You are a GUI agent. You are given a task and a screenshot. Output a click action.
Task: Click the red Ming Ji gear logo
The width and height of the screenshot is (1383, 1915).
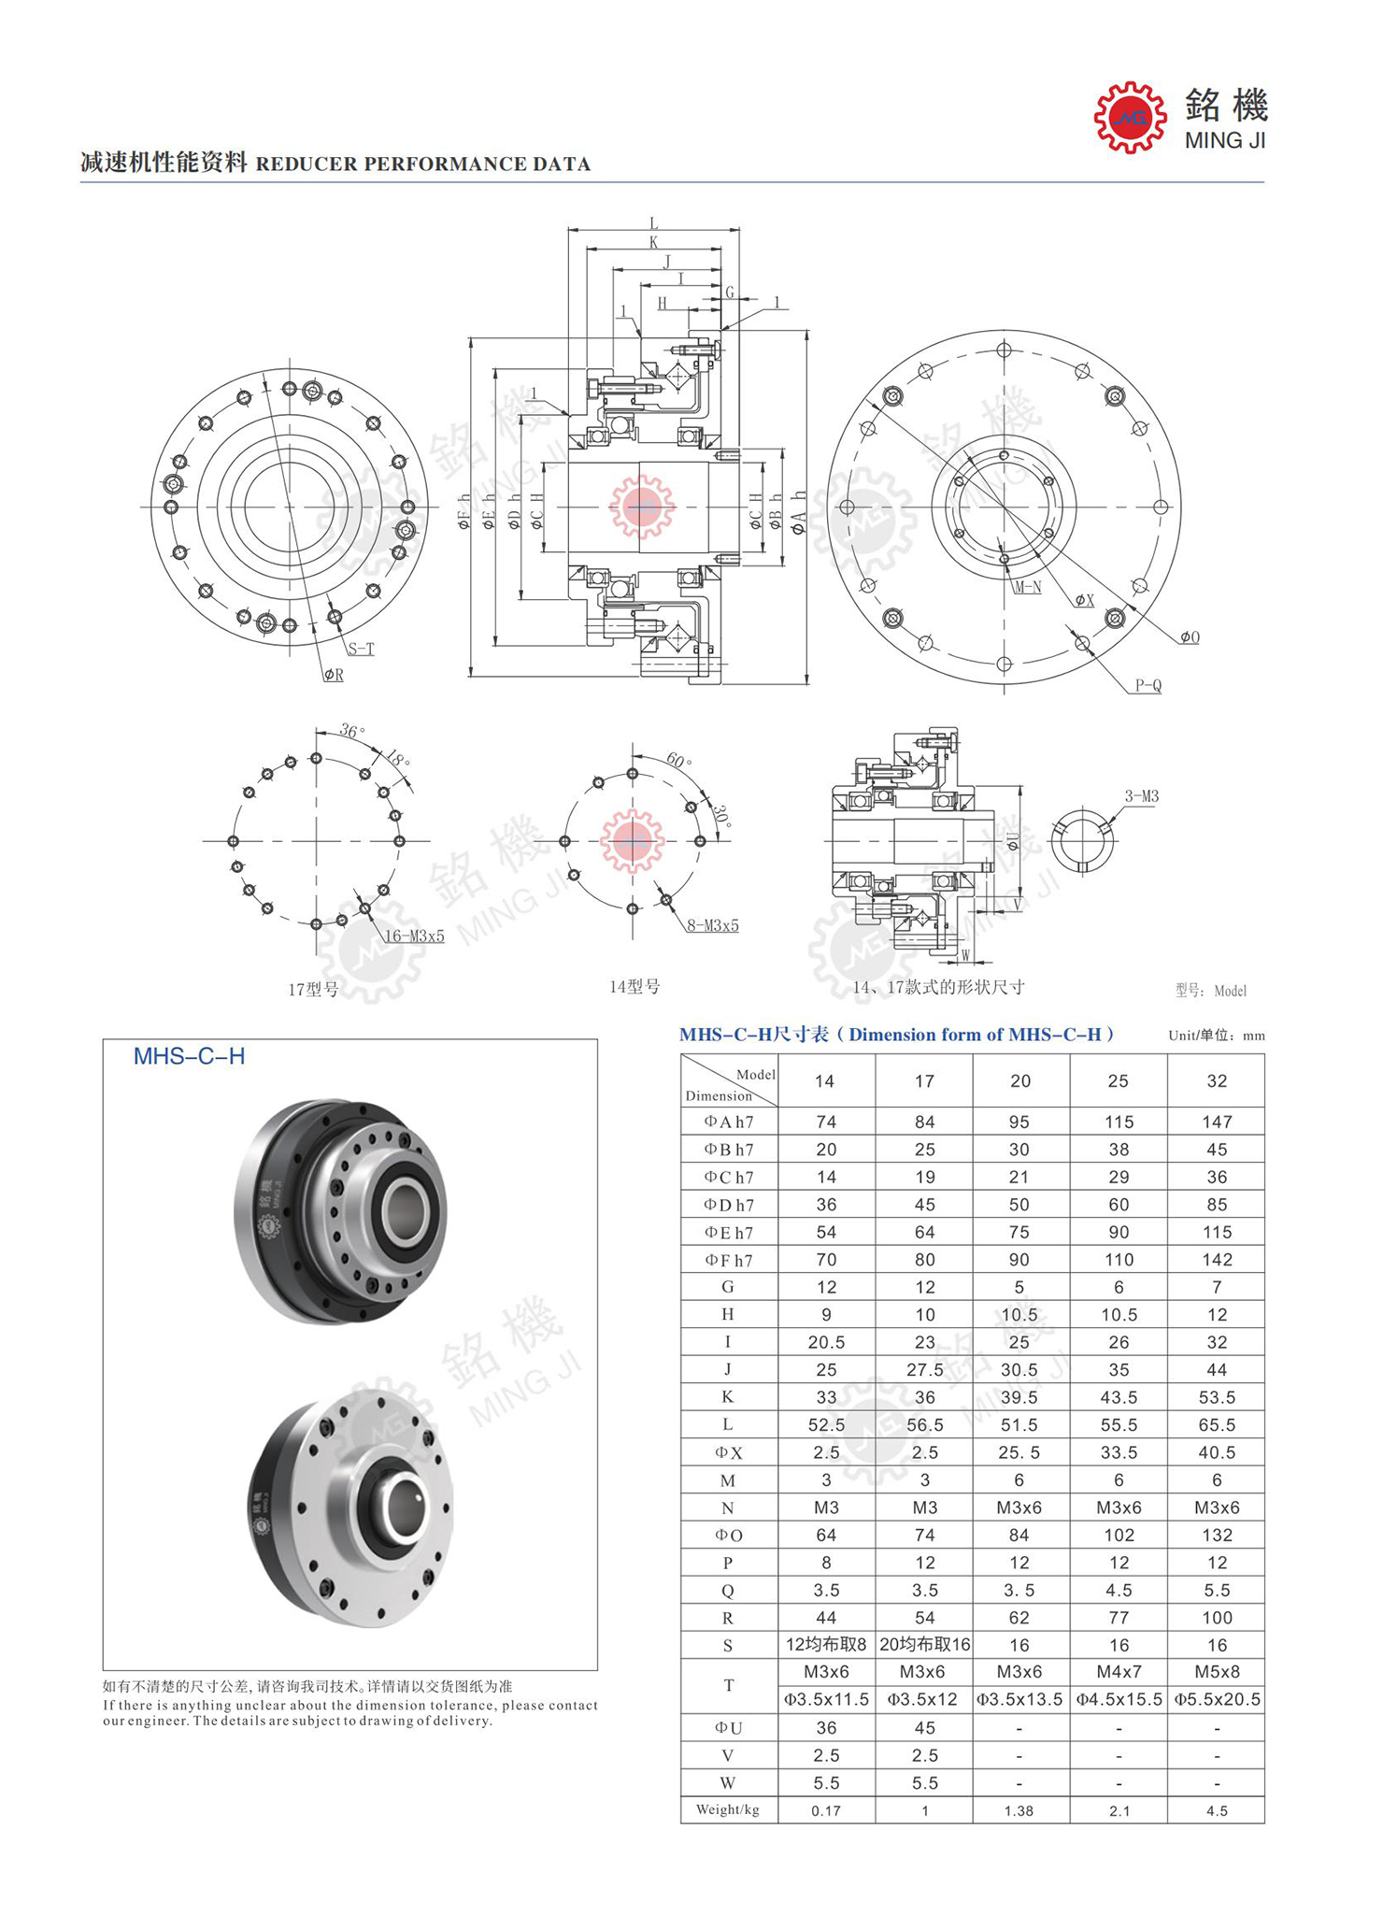(x=1130, y=118)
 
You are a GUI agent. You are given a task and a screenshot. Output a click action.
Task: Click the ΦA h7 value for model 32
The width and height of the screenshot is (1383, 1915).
(x=1216, y=1122)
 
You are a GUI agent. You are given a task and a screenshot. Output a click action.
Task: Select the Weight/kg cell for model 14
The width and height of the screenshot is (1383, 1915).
(x=826, y=1810)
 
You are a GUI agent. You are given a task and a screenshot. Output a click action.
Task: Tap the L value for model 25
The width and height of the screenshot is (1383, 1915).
(x=1119, y=1425)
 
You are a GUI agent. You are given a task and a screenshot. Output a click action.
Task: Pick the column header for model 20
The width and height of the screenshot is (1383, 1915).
(x=1019, y=1081)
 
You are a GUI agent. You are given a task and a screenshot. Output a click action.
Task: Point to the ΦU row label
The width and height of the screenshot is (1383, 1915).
(x=728, y=1728)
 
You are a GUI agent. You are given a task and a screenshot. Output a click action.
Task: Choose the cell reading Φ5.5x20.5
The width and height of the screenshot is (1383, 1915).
(x=1217, y=1699)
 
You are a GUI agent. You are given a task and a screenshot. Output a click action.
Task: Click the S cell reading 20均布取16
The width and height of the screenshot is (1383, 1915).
(x=924, y=1645)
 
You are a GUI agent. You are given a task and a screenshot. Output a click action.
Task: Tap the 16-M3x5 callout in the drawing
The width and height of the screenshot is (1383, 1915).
(x=414, y=936)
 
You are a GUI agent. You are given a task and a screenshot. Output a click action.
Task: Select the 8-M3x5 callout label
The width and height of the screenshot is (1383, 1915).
(x=713, y=925)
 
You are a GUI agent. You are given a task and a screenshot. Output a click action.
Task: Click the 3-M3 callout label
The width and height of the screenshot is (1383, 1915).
(x=1141, y=796)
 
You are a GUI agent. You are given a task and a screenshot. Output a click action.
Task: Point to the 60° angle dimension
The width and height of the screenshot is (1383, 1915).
(x=678, y=761)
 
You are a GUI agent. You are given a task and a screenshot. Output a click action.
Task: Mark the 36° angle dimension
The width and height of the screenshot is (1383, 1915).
(x=351, y=731)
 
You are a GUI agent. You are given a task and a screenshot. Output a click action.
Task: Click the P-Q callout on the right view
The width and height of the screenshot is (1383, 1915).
(x=1148, y=685)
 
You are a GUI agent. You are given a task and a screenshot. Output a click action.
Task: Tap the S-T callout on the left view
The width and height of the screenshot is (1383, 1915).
(x=361, y=649)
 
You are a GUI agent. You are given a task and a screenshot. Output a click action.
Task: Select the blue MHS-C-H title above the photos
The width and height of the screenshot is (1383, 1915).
(x=189, y=1056)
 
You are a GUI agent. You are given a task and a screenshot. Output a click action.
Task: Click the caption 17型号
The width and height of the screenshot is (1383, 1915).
(x=313, y=989)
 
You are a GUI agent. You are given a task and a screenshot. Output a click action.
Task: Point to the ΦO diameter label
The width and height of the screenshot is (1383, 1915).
(x=1189, y=637)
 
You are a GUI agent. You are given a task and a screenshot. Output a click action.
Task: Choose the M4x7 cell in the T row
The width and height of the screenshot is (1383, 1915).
(x=1119, y=1671)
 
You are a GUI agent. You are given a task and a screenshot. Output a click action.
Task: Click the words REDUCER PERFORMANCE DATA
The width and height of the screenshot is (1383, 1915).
(x=422, y=164)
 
